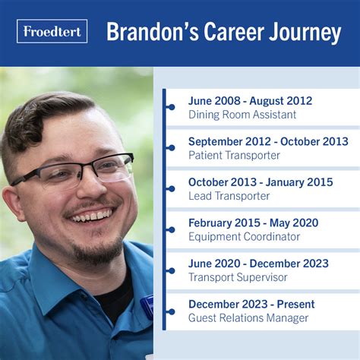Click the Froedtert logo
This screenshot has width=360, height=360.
(52, 32)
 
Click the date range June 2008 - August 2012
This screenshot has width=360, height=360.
(250, 101)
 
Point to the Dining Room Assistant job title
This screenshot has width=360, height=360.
(242, 115)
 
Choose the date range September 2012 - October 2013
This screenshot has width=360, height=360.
(268, 141)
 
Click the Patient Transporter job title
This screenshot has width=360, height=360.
(234, 155)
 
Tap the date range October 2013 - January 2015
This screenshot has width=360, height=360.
(261, 182)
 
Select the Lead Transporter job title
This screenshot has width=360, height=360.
(229, 196)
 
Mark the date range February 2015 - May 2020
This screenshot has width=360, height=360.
(253, 223)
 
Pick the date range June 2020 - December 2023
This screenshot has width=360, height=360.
(258, 264)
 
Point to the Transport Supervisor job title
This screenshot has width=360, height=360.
(238, 277)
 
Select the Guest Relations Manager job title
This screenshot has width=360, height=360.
(248, 317)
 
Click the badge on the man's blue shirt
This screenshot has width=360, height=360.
(147, 305)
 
